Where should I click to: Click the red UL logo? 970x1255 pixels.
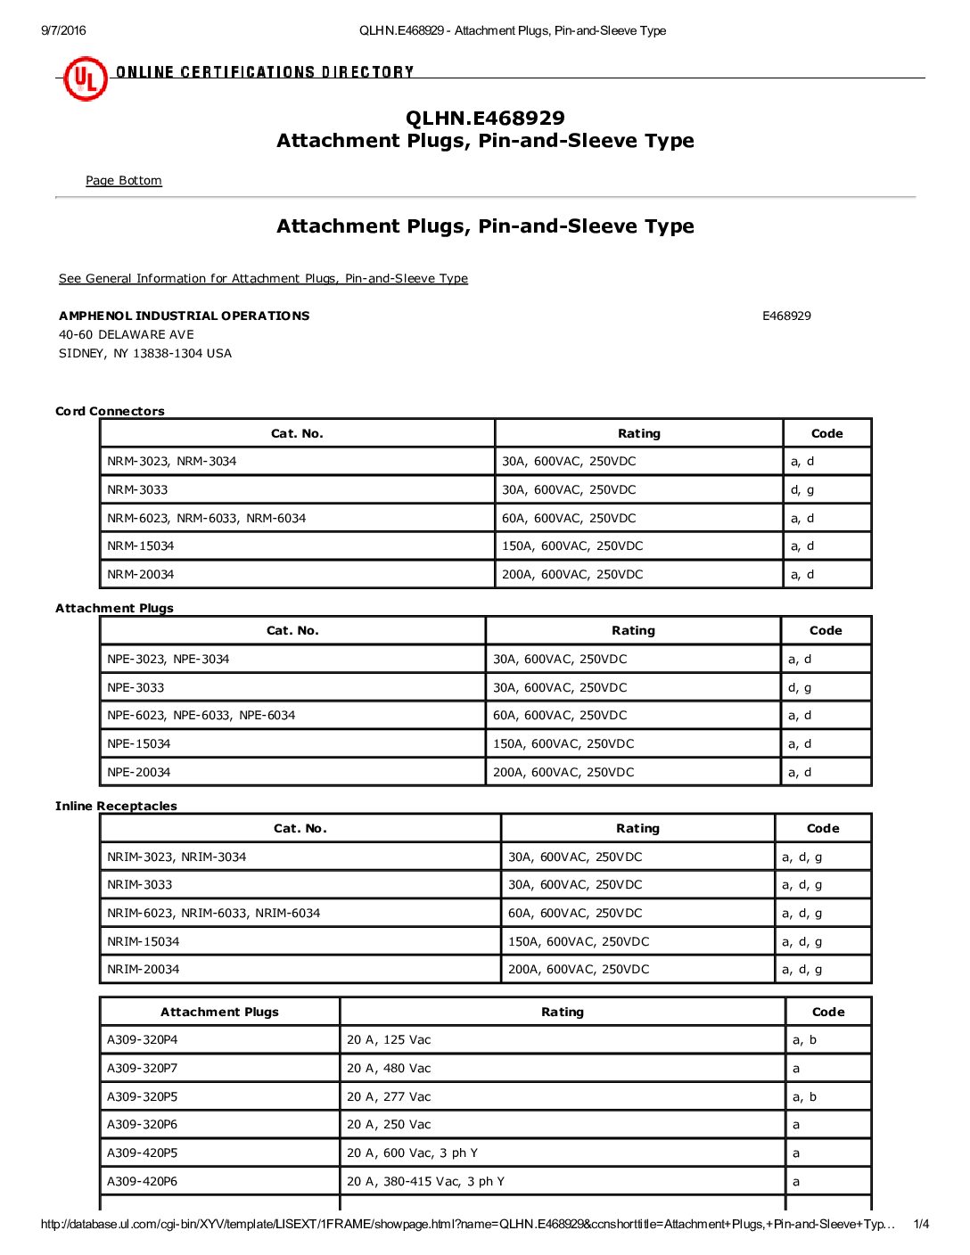tap(85, 79)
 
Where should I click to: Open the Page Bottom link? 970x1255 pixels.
tap(124, 181)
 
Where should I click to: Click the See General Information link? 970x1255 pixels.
tap(263, 279)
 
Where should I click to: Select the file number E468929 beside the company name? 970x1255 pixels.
tap(786, 316)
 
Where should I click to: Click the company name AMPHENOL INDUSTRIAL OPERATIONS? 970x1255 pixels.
tap(185, 316)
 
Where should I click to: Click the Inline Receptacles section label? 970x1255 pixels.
tap(116, 807)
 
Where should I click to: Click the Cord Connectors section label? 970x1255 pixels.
tap(111, 412)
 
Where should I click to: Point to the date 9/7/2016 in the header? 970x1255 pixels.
tap(64, 31)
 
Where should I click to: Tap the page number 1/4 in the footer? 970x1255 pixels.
tap(921, 1225)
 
